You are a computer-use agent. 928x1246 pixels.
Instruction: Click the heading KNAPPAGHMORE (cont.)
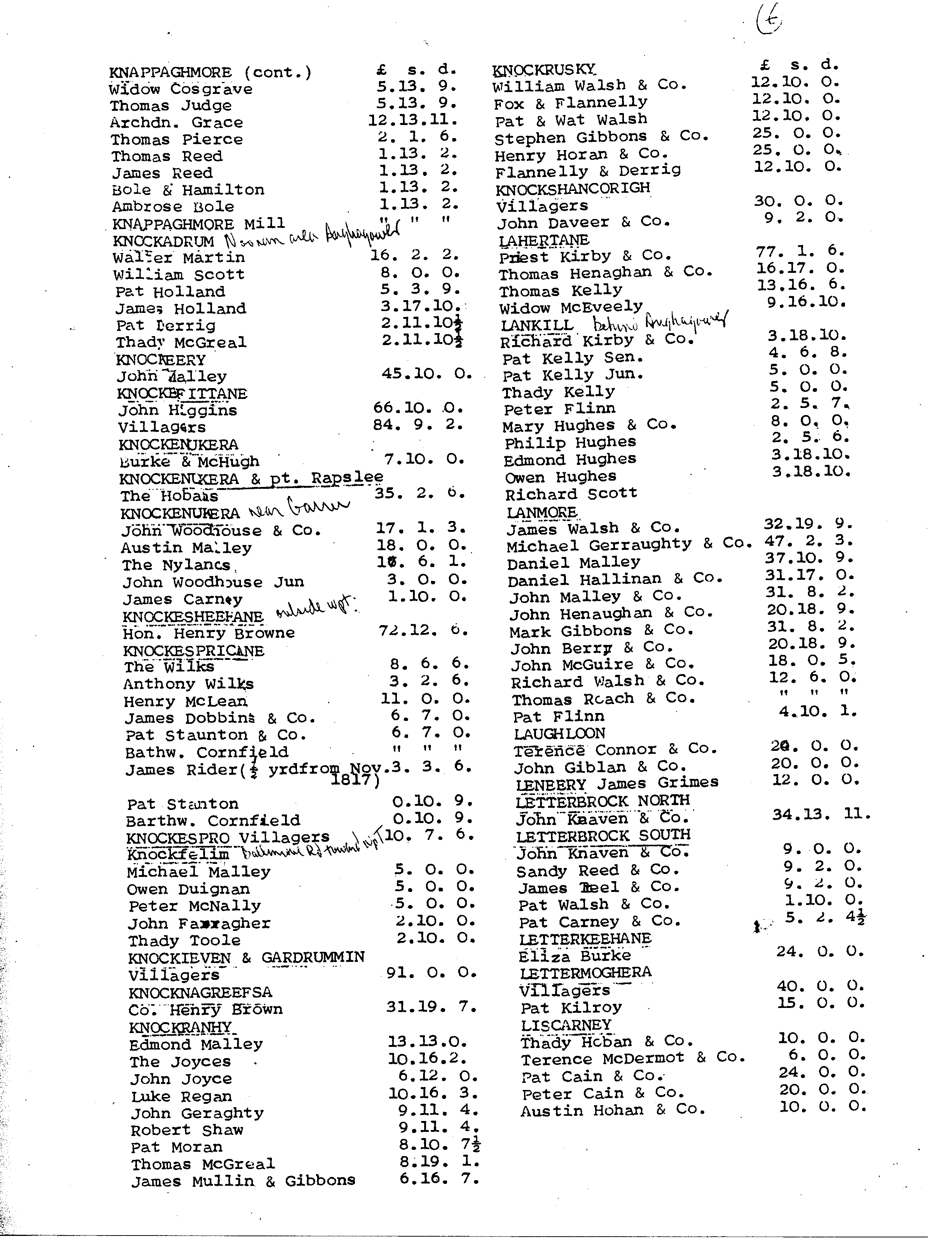(210, 73)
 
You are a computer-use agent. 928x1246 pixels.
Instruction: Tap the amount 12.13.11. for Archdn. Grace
(413, 120)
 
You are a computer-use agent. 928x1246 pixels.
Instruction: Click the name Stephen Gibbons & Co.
(601, 137)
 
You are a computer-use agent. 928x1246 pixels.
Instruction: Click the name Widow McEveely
(571, 307)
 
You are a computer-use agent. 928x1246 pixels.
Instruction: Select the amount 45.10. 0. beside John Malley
(427, 374)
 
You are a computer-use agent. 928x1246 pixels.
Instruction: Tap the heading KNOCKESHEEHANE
(193, 616)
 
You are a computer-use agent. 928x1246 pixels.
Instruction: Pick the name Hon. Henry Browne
(209, 633)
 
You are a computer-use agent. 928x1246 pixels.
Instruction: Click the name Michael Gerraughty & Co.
(629, 545)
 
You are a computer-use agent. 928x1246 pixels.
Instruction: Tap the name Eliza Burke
(575, 956)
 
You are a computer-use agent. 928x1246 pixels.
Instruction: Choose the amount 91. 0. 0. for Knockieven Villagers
(431, 973)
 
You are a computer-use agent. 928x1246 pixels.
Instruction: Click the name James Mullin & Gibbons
(243, 1181)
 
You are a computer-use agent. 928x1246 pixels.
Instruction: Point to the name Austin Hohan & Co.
(605, 1111)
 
